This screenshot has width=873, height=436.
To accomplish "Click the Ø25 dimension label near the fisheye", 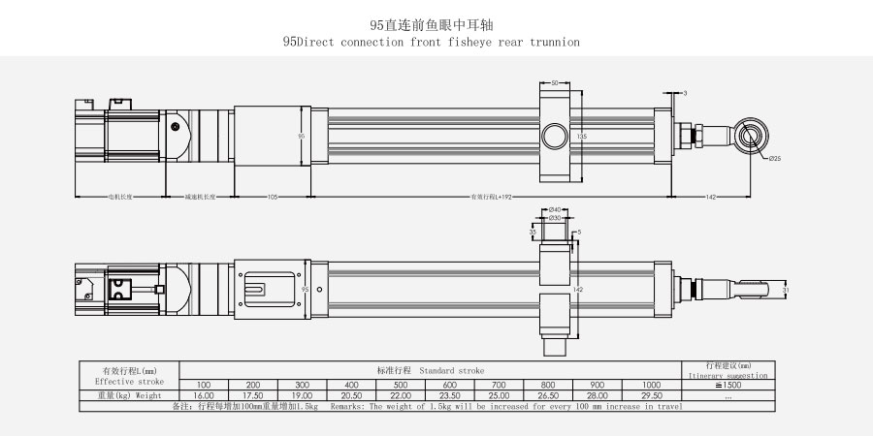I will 774,158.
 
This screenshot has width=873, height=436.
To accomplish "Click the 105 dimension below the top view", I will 273,197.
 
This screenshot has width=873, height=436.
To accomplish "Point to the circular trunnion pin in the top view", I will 556,135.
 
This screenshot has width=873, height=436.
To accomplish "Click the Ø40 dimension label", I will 556,209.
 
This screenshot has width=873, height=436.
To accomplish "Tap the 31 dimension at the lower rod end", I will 786,289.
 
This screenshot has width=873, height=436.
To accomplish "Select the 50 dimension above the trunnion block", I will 555,83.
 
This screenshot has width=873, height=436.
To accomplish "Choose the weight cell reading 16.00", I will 204,395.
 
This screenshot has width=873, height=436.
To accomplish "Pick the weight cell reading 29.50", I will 651,395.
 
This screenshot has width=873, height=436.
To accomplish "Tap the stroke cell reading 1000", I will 651,385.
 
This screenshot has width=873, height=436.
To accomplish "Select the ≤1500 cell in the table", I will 727,385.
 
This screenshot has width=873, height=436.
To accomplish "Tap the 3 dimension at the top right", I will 685,92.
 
